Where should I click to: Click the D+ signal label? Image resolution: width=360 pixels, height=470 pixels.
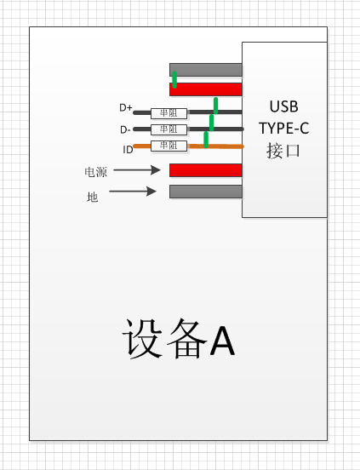(x=125, y=107)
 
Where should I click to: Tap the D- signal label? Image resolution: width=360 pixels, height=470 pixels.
(x=125, y=129)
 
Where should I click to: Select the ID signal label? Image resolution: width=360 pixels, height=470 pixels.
(x=128, y=150)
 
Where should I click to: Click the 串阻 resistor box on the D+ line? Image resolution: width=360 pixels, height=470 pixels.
(x=169, y=113)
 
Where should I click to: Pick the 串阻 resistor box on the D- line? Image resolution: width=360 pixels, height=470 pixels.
(x=169, y=129)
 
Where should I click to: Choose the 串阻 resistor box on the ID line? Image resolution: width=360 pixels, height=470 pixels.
(x=169, y=146)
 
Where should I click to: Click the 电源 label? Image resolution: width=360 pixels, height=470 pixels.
(x=96, y=172)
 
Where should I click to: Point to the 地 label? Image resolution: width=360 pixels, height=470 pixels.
(x=92, y=198)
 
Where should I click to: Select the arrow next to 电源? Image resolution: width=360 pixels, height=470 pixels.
(x=137, y=170)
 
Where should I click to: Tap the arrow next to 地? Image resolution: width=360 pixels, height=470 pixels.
(x=133, y=192)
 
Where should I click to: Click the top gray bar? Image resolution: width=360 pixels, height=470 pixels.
(x=206, y=70)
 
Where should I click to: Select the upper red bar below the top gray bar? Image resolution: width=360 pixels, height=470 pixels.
(x=206, y=89)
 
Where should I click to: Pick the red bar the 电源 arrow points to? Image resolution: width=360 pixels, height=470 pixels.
(x=206, y=170)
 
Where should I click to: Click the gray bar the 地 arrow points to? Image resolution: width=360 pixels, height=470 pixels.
(x=206, y=192)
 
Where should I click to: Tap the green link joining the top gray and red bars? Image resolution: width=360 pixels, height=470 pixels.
(x=174, y=80)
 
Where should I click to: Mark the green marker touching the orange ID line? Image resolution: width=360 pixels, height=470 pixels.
(x=206, y=140)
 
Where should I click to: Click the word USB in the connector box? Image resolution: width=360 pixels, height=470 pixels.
(x=284, y=106)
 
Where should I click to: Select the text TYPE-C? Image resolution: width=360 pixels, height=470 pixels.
(x=284, y=129)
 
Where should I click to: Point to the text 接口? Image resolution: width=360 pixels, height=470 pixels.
(x=283, y=151)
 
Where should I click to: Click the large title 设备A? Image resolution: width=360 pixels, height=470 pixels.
(x=179, y=338)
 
